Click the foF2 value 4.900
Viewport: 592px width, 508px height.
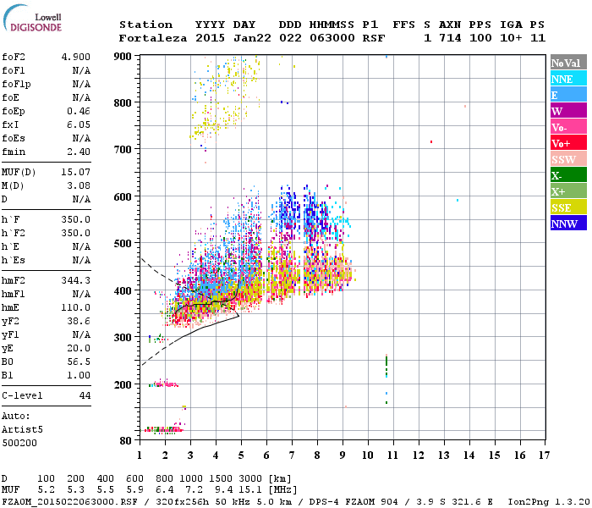coord(77,57)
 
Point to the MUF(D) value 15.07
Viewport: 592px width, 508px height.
coord(77,173)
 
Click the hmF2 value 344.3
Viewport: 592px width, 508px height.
coord(77,279)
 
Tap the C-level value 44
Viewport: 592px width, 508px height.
coord(84,395)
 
